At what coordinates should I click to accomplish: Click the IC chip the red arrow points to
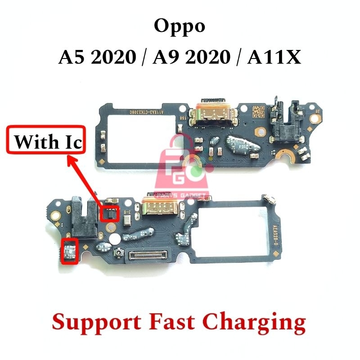(109, 214)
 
